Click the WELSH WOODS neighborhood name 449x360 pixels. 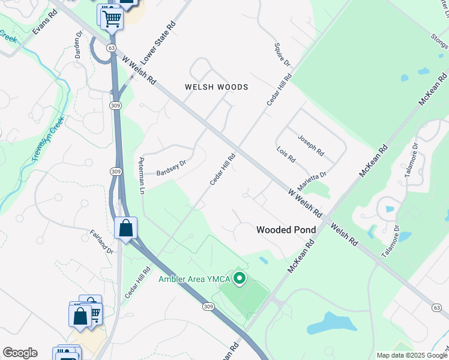point(216,87)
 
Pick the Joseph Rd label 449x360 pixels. point(311,144)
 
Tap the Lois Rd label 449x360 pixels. point(286,155)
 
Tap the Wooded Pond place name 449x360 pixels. point(286,230)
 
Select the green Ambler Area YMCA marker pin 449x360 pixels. point(240,278)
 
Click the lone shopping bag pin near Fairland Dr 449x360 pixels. point(125,228)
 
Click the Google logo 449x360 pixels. point(20,353)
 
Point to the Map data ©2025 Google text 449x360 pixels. point(411,355)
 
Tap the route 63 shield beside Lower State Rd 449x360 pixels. point(111,47)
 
